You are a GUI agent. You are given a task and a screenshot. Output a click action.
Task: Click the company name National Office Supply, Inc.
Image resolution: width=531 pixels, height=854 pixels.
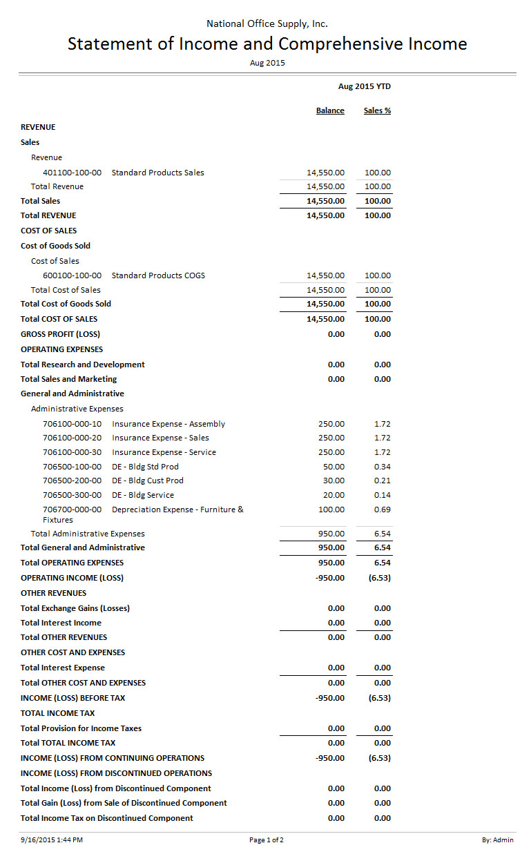point(267,23)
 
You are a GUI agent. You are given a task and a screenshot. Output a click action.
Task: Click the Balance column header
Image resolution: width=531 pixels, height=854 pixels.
point(330,110)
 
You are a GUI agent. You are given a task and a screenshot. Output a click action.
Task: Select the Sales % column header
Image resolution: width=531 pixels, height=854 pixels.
point(377,110)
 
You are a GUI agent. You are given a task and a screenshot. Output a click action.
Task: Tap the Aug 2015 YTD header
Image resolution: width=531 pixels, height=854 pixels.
point(365,86)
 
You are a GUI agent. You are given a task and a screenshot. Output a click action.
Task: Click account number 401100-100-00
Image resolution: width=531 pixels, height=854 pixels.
point(72,173)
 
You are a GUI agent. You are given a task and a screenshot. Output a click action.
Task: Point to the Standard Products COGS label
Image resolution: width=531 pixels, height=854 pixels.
point(158,275)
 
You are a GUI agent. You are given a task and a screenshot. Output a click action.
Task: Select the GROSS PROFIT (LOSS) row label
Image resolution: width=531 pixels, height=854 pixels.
point(60,334)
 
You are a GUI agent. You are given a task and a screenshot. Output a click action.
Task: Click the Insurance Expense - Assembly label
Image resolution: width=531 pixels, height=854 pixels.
point(168,424)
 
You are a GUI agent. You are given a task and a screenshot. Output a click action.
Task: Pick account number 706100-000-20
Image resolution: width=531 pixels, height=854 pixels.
point(72,438)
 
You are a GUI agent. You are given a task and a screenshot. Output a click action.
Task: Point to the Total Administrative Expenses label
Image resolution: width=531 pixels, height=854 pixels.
point(88,534)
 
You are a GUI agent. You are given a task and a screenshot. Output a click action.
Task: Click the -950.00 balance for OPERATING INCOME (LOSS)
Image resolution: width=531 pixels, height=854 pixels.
point(329,578)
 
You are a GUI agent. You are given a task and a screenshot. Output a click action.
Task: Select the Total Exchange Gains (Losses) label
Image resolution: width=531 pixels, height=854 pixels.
point(75,608)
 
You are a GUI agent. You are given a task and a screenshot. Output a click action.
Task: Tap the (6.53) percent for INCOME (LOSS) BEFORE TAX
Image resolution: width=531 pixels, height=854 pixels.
point(379,698)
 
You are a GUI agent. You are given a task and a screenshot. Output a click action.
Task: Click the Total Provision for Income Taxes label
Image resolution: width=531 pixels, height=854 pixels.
point(81,728)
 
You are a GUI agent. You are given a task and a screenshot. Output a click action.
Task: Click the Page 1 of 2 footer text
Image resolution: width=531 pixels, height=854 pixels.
point(267,840)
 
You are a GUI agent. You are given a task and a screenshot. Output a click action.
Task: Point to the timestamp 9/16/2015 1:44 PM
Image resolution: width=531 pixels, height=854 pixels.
point(52,840)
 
